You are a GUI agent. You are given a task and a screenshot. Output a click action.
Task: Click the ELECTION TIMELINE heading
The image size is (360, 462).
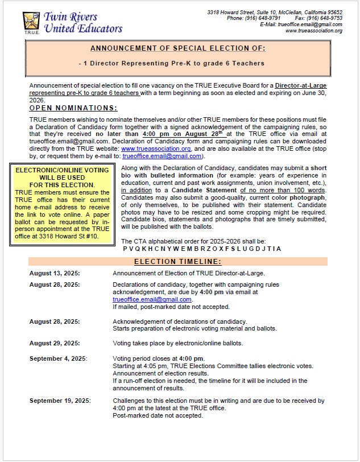177,262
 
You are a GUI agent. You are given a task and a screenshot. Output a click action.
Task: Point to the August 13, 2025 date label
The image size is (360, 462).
55,273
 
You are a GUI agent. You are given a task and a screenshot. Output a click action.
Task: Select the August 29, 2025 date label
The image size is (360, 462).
55,343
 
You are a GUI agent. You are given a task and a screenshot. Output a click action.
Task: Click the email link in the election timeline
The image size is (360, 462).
152,299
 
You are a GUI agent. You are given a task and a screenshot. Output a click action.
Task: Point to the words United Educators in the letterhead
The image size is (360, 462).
83,28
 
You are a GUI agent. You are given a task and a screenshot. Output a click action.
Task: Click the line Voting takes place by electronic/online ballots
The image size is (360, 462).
177,343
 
